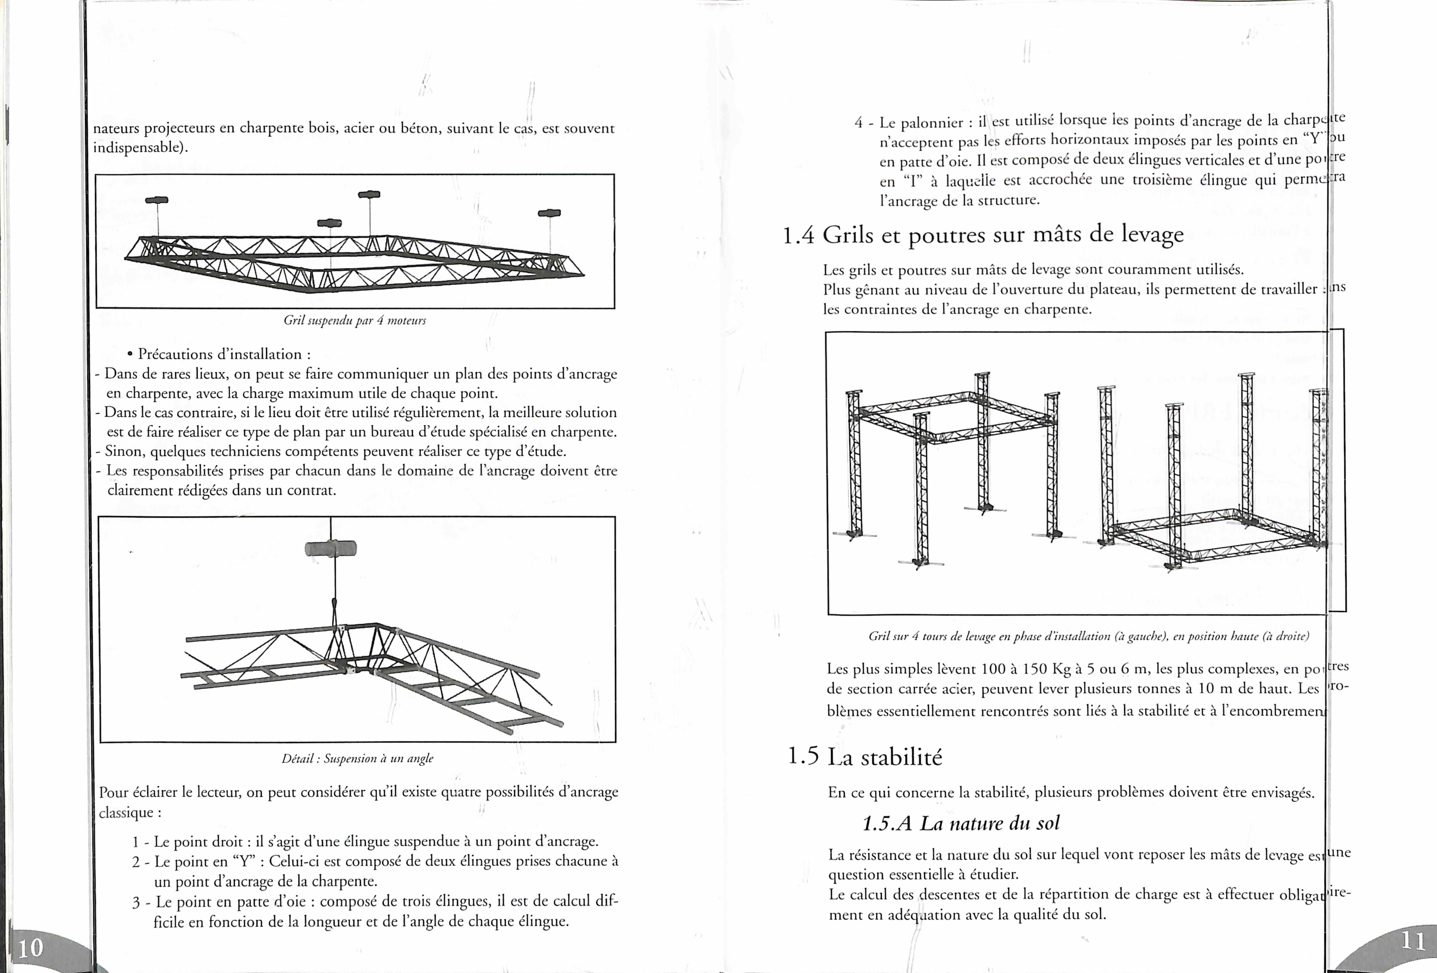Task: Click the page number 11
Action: click(x=1412, y=941)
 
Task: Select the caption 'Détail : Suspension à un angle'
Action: click(x=357, y=758)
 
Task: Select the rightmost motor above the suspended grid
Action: click(x=549, y=213)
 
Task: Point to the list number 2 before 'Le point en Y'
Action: click(x=136, y=862)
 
